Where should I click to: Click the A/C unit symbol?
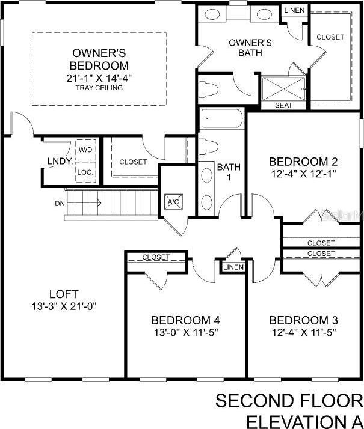click(173, 202)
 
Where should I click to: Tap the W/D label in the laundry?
click(85, 150)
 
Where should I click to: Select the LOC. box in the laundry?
click(85, 172)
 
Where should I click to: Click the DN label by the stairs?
click(60, 204)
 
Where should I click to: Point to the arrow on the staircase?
click(84, 203)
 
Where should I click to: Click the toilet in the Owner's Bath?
click(208, 89)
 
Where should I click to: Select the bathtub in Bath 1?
click(222, 118)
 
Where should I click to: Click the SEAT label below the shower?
click(283, 105)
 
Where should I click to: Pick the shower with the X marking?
click(283, 89)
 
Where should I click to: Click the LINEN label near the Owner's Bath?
click(294, 10)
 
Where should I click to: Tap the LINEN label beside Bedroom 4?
click(233, 267)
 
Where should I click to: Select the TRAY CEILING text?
click(99, 88)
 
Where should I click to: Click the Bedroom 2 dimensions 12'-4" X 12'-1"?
click(303, 174)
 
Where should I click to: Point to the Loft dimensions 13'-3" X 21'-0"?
click(64, 306)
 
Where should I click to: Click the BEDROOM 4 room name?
click(185, 320)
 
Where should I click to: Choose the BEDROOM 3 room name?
click(303, 320)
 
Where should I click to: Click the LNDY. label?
click(60, 161)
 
